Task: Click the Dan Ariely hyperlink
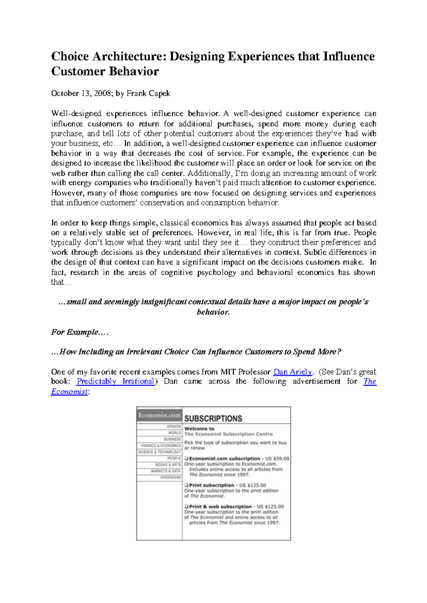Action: tap(292, 372)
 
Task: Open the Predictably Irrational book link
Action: tap(116, 381)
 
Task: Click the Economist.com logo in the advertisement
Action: tap(159, 415)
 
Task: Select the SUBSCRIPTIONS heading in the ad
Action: tap(213, 418)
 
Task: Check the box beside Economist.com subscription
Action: tap(186, 459)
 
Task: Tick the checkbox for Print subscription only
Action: tap(186, 485)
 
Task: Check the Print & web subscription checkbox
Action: tap(186, 507)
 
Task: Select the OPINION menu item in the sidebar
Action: tap(174, 426)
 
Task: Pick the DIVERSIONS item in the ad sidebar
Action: tap(170, 477)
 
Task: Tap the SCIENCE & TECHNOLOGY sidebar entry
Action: tap(159, 452)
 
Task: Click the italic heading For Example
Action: tap(79, 332)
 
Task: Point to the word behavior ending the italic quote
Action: tap(213, 312)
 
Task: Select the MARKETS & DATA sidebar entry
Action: tap(165, 471)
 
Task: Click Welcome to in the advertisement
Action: tap(199, 429)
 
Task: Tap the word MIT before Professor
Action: tap(228, 372)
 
